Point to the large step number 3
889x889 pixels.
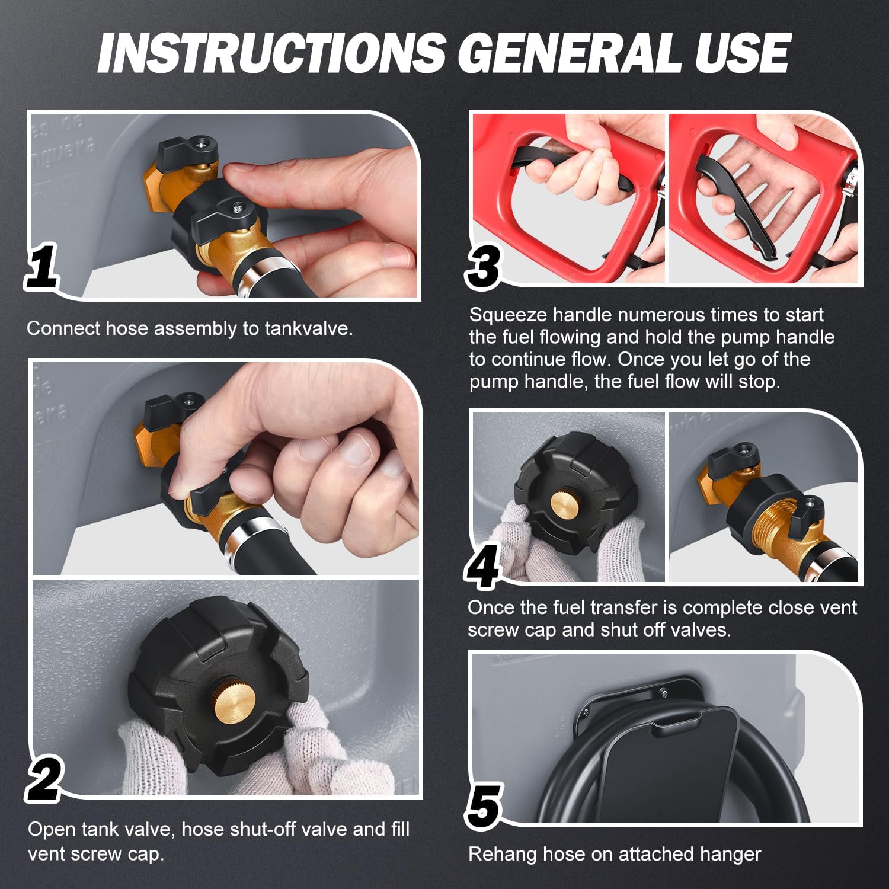484,265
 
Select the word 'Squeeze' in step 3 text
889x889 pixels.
507,315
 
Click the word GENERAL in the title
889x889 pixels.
568,54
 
